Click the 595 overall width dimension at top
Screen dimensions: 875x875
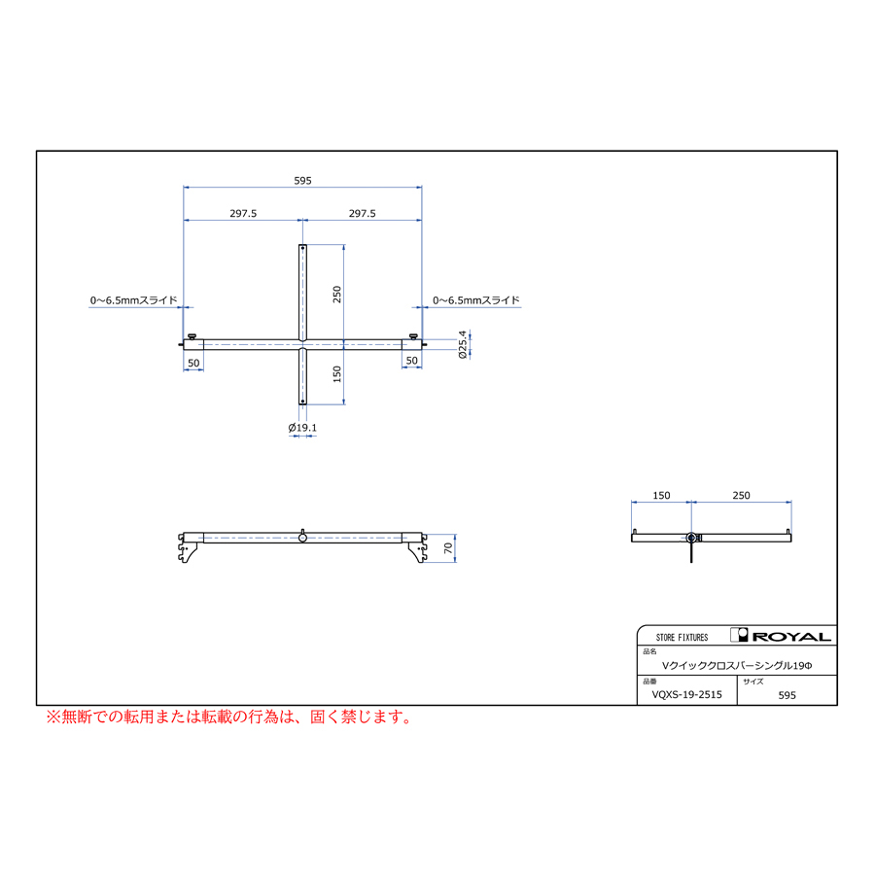(302, 181)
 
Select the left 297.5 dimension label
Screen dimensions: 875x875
(243, 213)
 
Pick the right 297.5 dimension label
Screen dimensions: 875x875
(363, 213)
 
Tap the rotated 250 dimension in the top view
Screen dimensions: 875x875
(336, 294)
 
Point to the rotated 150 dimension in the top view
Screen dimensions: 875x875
(336, 374)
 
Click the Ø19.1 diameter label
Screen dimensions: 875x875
(302, 428)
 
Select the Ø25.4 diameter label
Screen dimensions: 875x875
(462, 344)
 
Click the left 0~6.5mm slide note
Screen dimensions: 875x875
(134, 300)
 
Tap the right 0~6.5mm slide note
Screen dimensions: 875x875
(476, 300)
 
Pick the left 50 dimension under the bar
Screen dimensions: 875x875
(193, 363)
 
